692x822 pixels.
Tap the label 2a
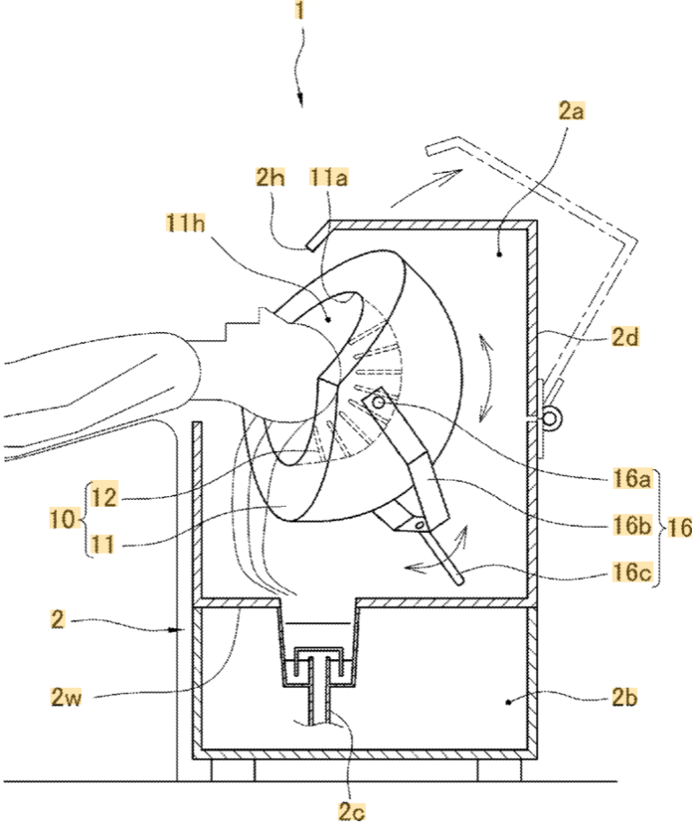570,112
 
